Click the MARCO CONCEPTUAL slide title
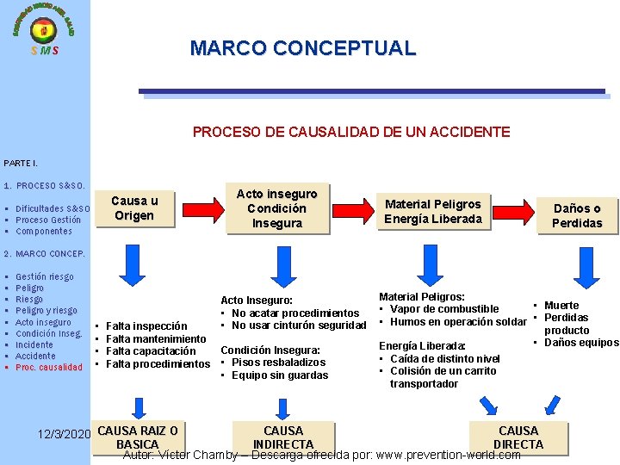(x=302, y=48)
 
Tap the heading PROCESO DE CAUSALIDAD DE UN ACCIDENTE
(x=351, y=132)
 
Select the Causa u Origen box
(x=133, y=208)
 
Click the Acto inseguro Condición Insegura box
(x=276, y=208)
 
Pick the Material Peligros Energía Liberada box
(x=432, y=211)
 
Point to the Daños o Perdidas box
(x=577, y=215)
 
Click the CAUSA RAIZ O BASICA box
(x=138, y=437)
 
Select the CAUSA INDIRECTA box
(x=283, y=437)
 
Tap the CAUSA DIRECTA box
(x=518, y=437)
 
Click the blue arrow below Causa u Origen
(x=135, y=263)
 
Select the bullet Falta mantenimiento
(x=155, y=338)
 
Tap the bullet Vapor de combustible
(x=443, y=309)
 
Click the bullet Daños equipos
(x=580, y=343)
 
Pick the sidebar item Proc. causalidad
(x=49, y=368)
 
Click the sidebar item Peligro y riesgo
(x=46, y=311)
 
